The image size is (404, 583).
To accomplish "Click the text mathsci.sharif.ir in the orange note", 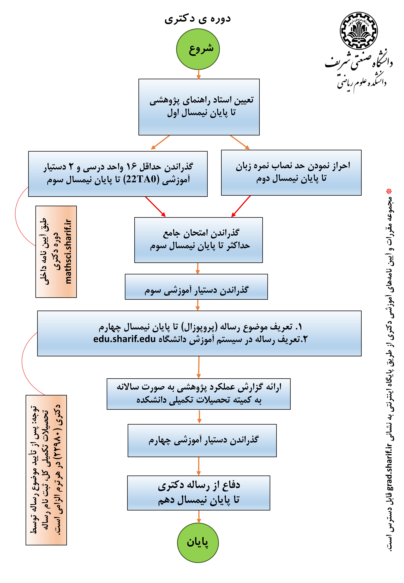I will pyautogui.click(x=68, y=252).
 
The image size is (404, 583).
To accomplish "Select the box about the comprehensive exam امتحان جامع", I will pyautogui.click(x=198, y=240).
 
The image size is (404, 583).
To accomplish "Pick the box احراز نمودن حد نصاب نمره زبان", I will pyautogui.click(x=291, y=173).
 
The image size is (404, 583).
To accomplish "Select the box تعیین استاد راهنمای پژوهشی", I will pyautogui.click(x=199, y=107).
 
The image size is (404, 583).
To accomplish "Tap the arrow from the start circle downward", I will pyautogui.click(x=199, y=74).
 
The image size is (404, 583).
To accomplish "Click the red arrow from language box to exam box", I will pyautogui.click(x=241, y=206).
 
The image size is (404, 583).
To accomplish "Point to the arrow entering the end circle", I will pyautogui.click(x=199, y=517).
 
